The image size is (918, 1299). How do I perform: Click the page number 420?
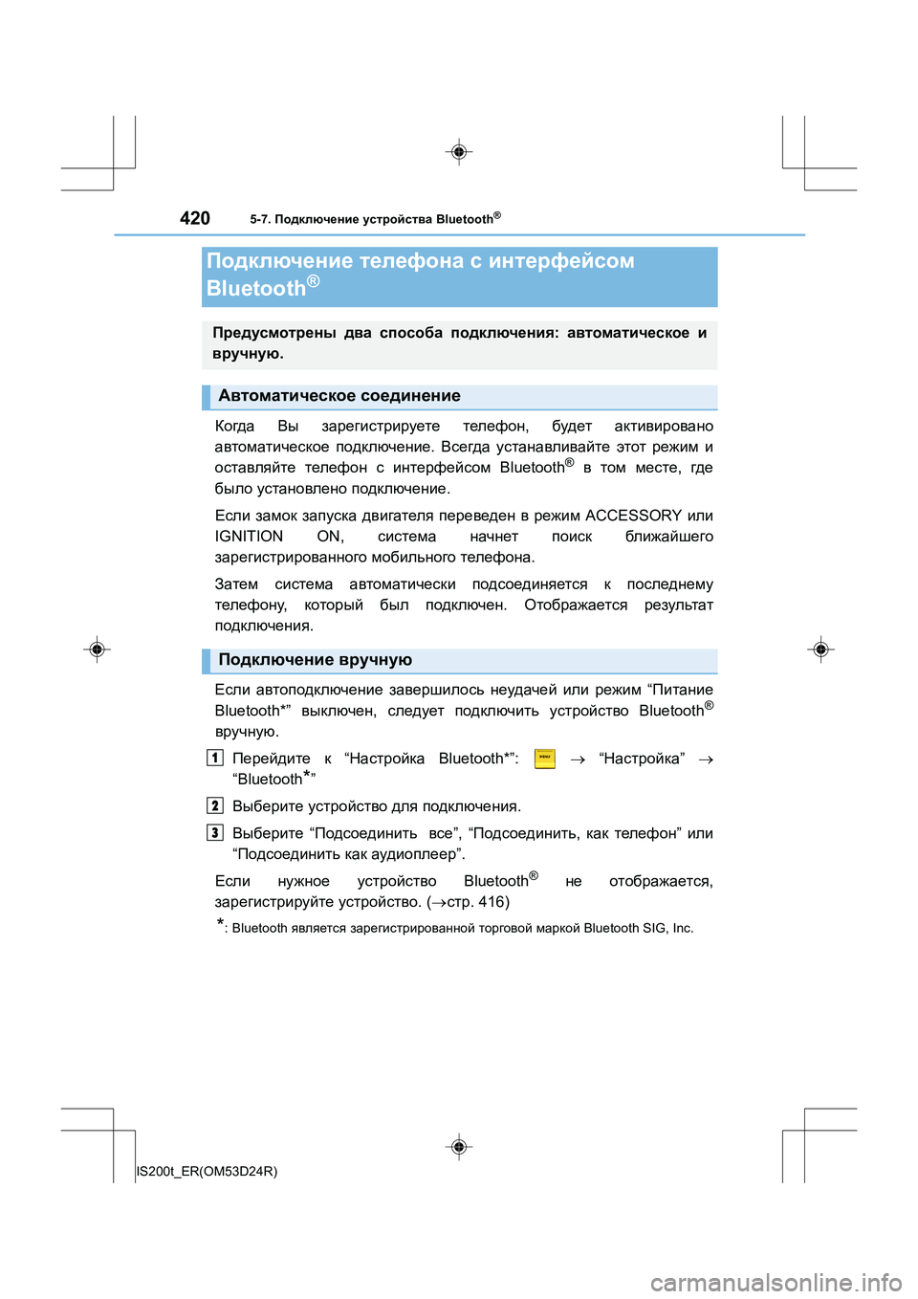click(x=195, y=218)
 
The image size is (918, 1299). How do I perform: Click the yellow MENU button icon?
click(x=544, y=759)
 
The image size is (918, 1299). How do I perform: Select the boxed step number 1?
click(x=215, y=759)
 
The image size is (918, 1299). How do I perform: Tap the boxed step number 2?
click(x=215, y=805)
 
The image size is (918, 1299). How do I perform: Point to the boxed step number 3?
click(x=215, y=832)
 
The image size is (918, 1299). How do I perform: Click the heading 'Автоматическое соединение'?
click(x=339, y=396)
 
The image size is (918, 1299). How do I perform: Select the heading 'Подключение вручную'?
click(x=316, y=660)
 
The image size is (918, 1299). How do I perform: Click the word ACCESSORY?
click(x=633, y=516)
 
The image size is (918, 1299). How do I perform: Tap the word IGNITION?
click(x=249, y=537)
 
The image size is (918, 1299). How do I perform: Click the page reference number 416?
click(x=492, y=902)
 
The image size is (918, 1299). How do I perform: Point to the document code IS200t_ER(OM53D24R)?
click(x=208, y=1171)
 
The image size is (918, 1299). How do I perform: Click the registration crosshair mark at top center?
click(x=459, y=151)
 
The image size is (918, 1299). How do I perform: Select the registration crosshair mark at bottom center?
click(x=459, y=1146)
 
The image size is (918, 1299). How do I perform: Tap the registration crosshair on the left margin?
click(x=97, y=649)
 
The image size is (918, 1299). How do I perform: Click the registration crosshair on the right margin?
click(x=820, y=649)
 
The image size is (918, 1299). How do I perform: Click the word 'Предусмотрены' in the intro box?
click(x=274, y=333)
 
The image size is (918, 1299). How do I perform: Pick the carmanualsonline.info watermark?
click(x=776, y=1282)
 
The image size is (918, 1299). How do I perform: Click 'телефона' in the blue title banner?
click(x=412, y=261)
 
